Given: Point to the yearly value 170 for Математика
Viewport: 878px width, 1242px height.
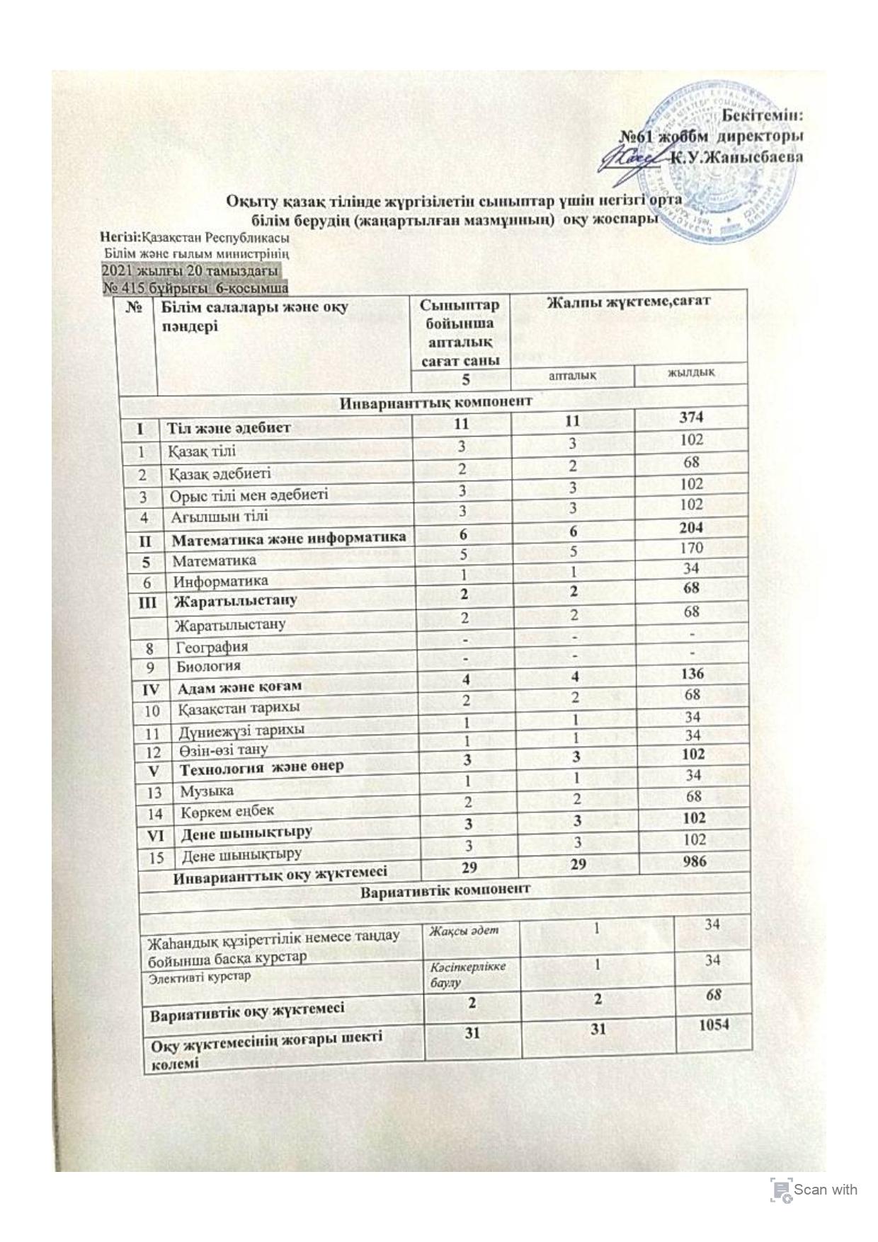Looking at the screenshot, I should point(690,547).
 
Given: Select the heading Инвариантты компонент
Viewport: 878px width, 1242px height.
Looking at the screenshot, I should point(437,401).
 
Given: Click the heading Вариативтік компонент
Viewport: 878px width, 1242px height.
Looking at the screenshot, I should point(445,889).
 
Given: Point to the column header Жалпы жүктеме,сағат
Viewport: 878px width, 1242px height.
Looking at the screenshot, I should point(627,302).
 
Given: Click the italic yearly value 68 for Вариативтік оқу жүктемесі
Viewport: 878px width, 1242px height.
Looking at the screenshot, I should point(712,994).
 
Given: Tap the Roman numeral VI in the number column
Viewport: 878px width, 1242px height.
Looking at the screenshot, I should point(155,835).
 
